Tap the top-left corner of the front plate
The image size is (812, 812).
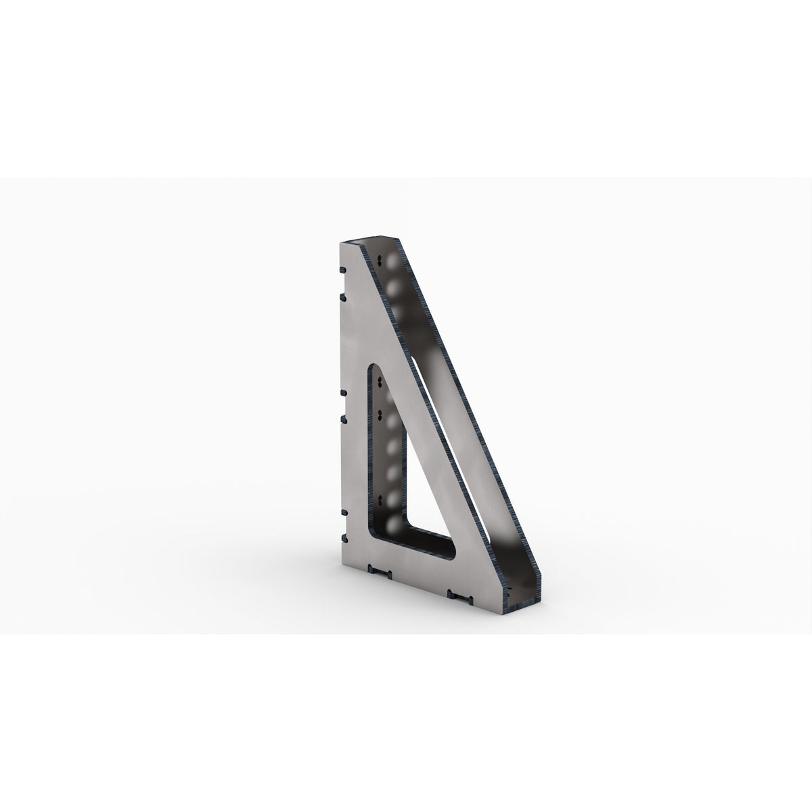[x=338, y=242]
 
